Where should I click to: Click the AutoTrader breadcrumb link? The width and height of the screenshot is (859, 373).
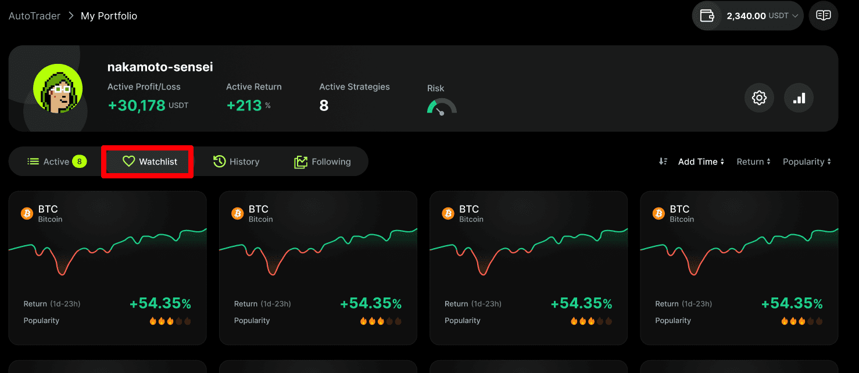click(34, 16)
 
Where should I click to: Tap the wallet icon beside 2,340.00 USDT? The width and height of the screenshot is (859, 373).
click(707, 16)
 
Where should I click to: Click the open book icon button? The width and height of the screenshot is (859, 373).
click(824, 15)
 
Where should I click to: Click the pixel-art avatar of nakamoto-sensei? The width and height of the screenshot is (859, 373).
click(58, 88)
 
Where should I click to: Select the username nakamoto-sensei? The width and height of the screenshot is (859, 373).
click(160, 67)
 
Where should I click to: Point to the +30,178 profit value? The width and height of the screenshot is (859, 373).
click(137, 105)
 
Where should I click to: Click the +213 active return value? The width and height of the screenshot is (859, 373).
click(244, 105)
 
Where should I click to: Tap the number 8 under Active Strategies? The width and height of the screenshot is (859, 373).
click(324, 105)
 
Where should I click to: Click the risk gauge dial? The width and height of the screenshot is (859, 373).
click(442, 106)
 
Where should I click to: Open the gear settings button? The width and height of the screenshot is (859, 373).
click(759, 98)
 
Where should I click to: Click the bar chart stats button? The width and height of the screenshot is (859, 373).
click(799, 98)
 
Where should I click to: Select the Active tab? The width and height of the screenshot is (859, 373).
click(57, 162)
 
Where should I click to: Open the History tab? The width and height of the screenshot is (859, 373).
click(236, 162)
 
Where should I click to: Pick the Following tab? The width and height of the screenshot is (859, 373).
click(322, 162)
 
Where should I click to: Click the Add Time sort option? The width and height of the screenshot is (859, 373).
click(701, 162)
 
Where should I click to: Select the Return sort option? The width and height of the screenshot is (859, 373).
click(753, 162)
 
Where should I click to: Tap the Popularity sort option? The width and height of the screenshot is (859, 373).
click(807, 162)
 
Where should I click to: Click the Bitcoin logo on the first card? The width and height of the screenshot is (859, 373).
click(27, 214)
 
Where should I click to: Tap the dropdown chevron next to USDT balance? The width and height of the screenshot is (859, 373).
click(795, 16)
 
